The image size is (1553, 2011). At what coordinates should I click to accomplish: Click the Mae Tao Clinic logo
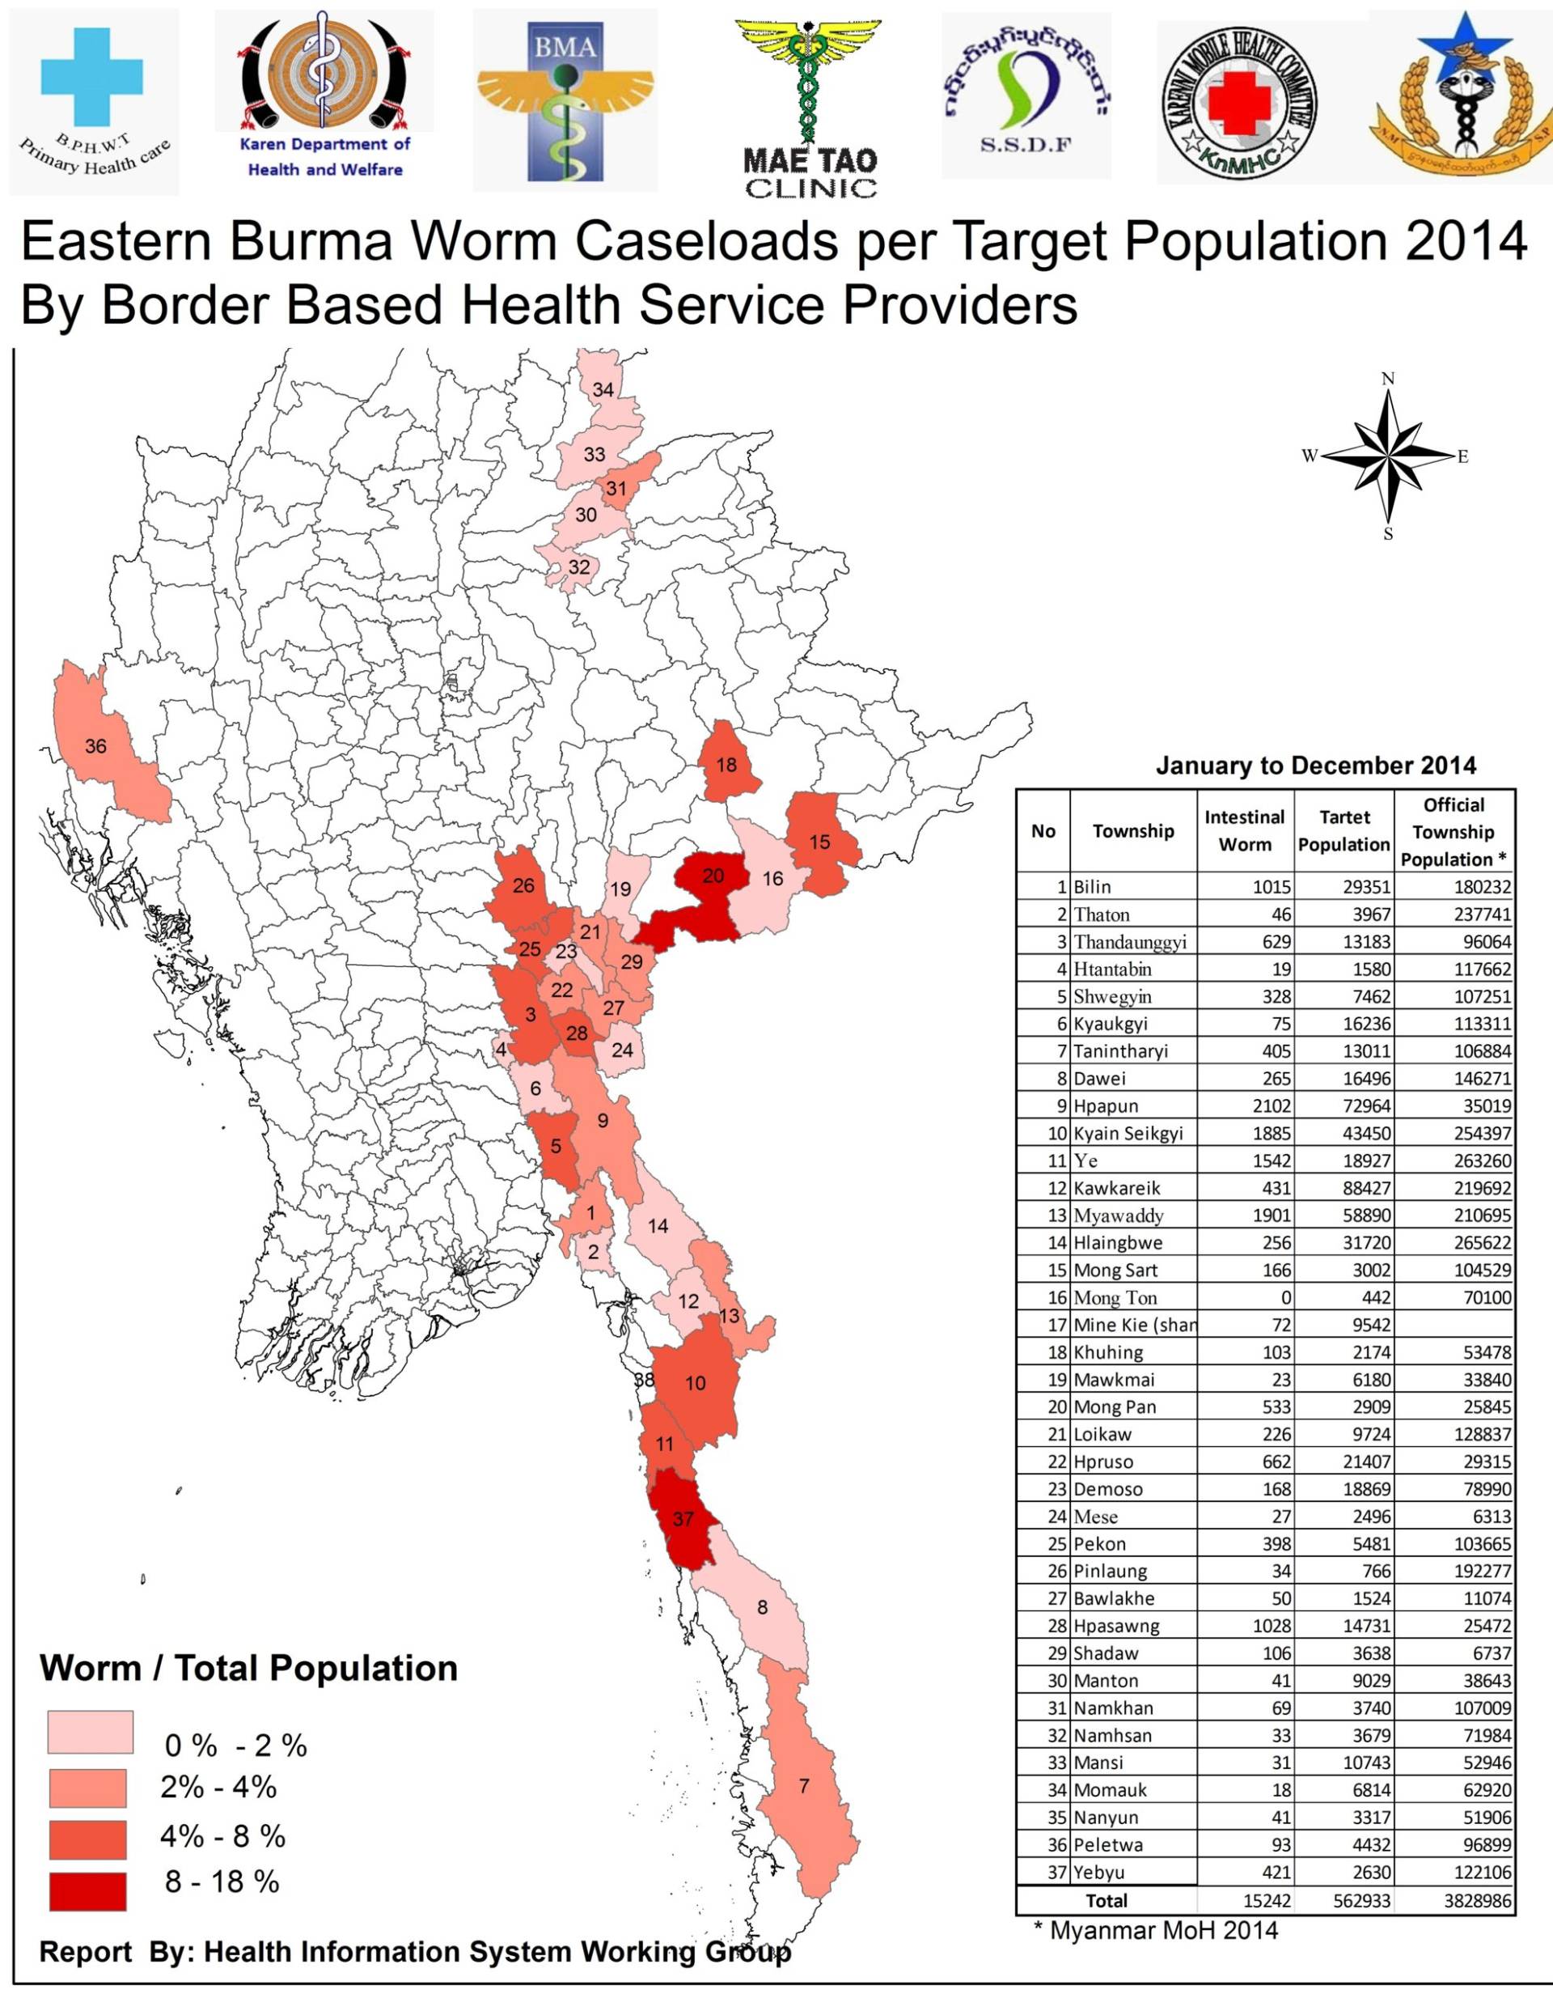pos(810,106)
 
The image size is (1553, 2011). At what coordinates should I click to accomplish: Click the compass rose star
pos(1388,456)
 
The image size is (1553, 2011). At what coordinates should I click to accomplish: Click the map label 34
pos(603,389)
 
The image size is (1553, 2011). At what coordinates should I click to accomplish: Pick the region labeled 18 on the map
pos(726,764)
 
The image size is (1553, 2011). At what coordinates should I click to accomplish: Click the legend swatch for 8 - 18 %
pos(87,1891)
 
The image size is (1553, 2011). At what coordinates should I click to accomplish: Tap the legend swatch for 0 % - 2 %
pos(91,1732)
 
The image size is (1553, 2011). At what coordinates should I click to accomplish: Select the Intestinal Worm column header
pos(1245,830)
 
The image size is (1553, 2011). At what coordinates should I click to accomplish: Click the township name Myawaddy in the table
pos(1119,1215)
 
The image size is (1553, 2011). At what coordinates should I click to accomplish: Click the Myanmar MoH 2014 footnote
pos(1155,1930)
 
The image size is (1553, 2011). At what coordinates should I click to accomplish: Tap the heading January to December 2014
pos(1317,766)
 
